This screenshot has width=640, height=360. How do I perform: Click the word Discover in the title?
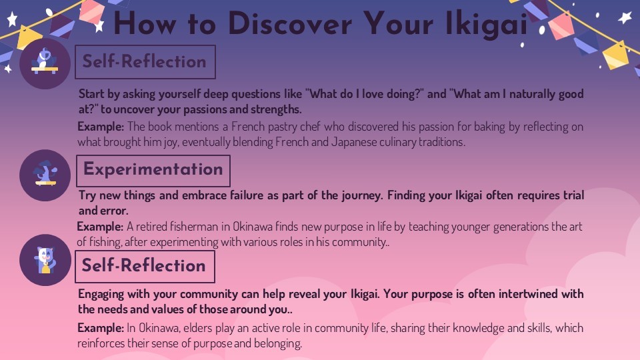point(290,24)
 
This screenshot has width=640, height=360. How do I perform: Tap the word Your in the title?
point(399,24)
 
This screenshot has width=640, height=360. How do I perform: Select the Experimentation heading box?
point(153,171)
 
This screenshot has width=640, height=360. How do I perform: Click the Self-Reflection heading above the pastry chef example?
point(145,62)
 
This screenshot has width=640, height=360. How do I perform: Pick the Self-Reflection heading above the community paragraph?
point(145,266)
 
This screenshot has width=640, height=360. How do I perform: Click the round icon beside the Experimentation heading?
point(45,175)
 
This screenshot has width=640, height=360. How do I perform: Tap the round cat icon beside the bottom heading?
point(45,260)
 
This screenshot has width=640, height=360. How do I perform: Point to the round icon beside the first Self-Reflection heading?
point(45,63)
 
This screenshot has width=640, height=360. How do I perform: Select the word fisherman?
point(194,227)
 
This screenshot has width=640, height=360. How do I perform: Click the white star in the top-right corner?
point(625,18)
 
